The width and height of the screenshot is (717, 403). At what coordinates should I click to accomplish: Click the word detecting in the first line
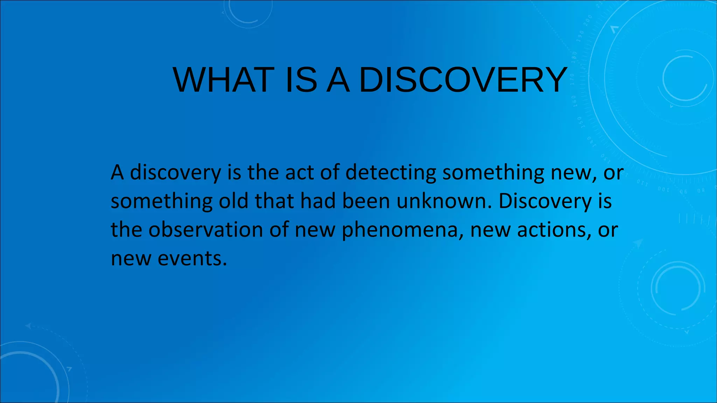point(391,172)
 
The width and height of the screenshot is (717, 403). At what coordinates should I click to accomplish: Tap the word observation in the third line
point(206,230)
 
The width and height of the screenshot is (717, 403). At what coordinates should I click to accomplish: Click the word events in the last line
point(192,259)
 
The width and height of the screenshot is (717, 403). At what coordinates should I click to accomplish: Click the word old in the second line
point(234,201)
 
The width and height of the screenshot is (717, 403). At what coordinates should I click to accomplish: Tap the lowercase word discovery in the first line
point(175,173)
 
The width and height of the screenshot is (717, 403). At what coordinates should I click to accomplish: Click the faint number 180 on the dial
point(574,56)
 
